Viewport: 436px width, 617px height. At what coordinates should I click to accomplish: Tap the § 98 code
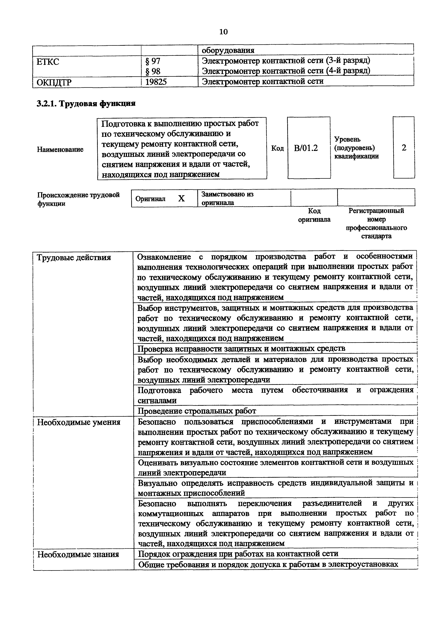pos(153,71)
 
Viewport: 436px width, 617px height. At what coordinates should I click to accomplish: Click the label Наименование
pos(60,149)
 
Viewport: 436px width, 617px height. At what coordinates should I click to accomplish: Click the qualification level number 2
pos(404,148)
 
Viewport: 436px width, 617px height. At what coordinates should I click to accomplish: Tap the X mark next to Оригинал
pos(182,199)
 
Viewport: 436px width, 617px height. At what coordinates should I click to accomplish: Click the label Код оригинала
pos(314,215)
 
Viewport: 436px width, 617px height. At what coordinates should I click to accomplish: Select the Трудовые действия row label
pos(74,258)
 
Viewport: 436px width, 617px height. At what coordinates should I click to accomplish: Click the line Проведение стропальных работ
pos(197,411)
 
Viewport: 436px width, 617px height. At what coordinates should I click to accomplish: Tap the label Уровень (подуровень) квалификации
pos(356,148)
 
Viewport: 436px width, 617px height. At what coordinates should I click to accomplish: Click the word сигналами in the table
pos(157,401)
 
